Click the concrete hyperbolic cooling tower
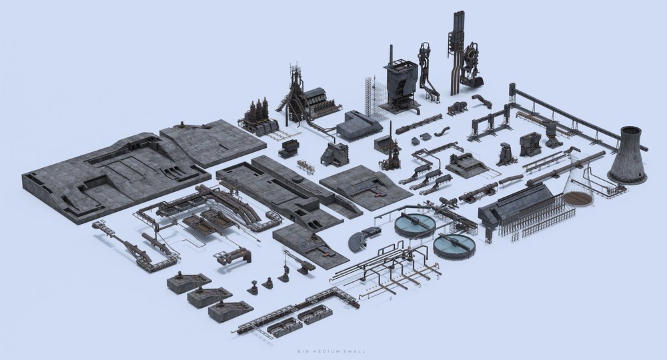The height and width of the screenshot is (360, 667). point(627,157)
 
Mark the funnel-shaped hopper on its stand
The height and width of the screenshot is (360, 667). point(553,131)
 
